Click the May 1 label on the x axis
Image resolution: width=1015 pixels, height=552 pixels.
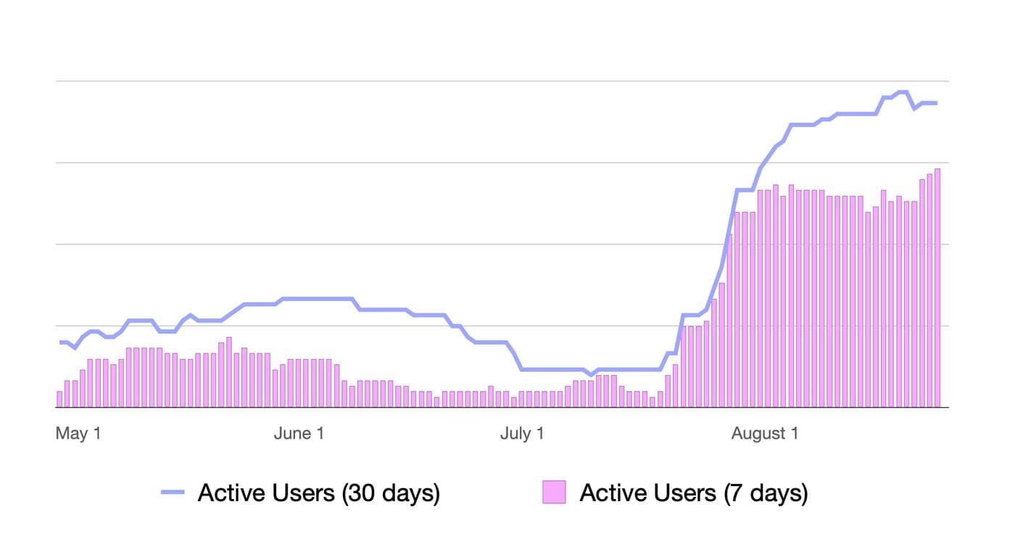point(78,434)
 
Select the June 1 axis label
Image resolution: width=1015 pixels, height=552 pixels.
point(299,434)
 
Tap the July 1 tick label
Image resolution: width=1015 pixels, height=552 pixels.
point(522,434)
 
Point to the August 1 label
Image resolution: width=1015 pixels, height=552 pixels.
point(765,434)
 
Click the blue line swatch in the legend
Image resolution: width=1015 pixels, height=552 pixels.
point(174,493)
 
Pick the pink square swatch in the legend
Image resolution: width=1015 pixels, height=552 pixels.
point(554,493)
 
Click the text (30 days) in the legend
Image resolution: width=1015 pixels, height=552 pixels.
point(391,493)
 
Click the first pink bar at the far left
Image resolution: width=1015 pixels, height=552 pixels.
point(59,400)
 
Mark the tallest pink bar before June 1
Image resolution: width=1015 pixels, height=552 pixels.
point(229,372)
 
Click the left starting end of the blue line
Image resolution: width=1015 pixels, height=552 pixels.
point(61,342)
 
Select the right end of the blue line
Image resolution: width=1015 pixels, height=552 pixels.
point(936,103)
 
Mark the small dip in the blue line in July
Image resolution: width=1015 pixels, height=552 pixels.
point(592,374)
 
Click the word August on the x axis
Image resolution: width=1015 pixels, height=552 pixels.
point(754,434)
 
